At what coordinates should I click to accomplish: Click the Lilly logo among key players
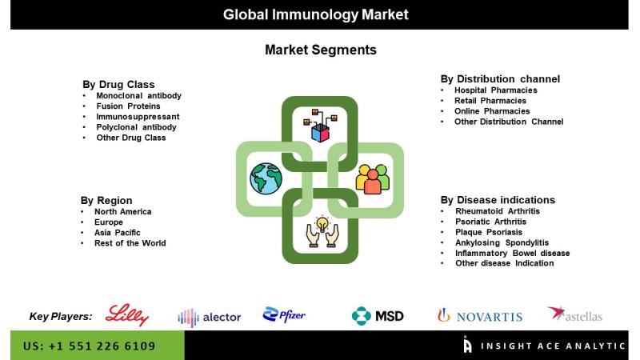click(x=127, y=314)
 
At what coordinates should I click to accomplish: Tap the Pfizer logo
click(x=284, y=314)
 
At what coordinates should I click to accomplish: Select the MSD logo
click(x=378, y=316)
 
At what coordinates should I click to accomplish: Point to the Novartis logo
click(x=479, y=316)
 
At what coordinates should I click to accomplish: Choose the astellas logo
click(x=574, y=314)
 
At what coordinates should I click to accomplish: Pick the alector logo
click(x=210, y=317)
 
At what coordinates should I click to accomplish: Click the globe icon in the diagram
click(x=266, y=178)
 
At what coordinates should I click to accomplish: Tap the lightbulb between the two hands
click(x=322, y=224)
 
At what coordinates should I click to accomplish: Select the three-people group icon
click(x=372, y=178)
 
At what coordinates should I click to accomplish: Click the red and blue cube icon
click(x=320, y=133)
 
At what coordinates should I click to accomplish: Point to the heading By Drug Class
click(x=118, y=85)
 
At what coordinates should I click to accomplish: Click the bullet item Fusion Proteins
click(x=128, y=106)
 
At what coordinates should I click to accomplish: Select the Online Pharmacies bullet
click(x=492, y=111)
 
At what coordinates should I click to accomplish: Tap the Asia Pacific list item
click(x=117, y=233)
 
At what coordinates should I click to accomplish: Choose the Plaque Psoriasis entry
click(x=489, y=232)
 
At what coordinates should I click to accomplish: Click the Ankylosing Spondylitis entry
click(x=502, y=242)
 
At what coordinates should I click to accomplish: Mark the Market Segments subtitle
click(x=321, y=50)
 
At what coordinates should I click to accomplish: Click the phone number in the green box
click(x=90, y=346)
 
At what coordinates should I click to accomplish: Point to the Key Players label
click(x=61, y=316)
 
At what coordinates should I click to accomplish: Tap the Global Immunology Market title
click(x=315, y=14)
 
